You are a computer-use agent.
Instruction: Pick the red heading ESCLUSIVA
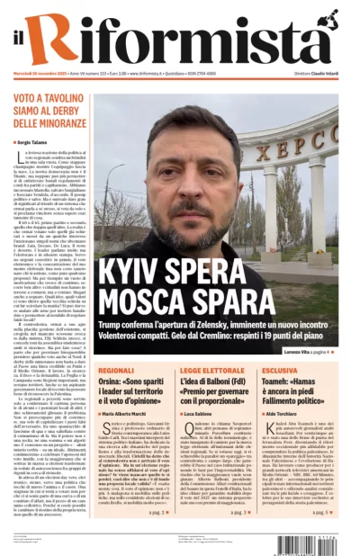[x=280, y=370]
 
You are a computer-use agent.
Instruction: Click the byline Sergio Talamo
[x=35, y=142]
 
